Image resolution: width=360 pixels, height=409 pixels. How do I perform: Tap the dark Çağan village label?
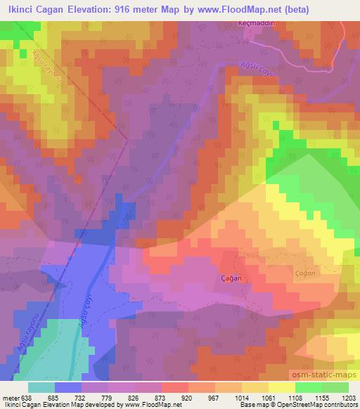(x=232, y=278)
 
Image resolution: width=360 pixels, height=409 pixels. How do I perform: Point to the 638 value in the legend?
(x=26, y=398)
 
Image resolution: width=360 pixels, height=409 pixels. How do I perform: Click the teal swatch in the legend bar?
(x=41, y=387)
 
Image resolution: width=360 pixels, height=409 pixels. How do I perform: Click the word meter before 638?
(x=10, y=398)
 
